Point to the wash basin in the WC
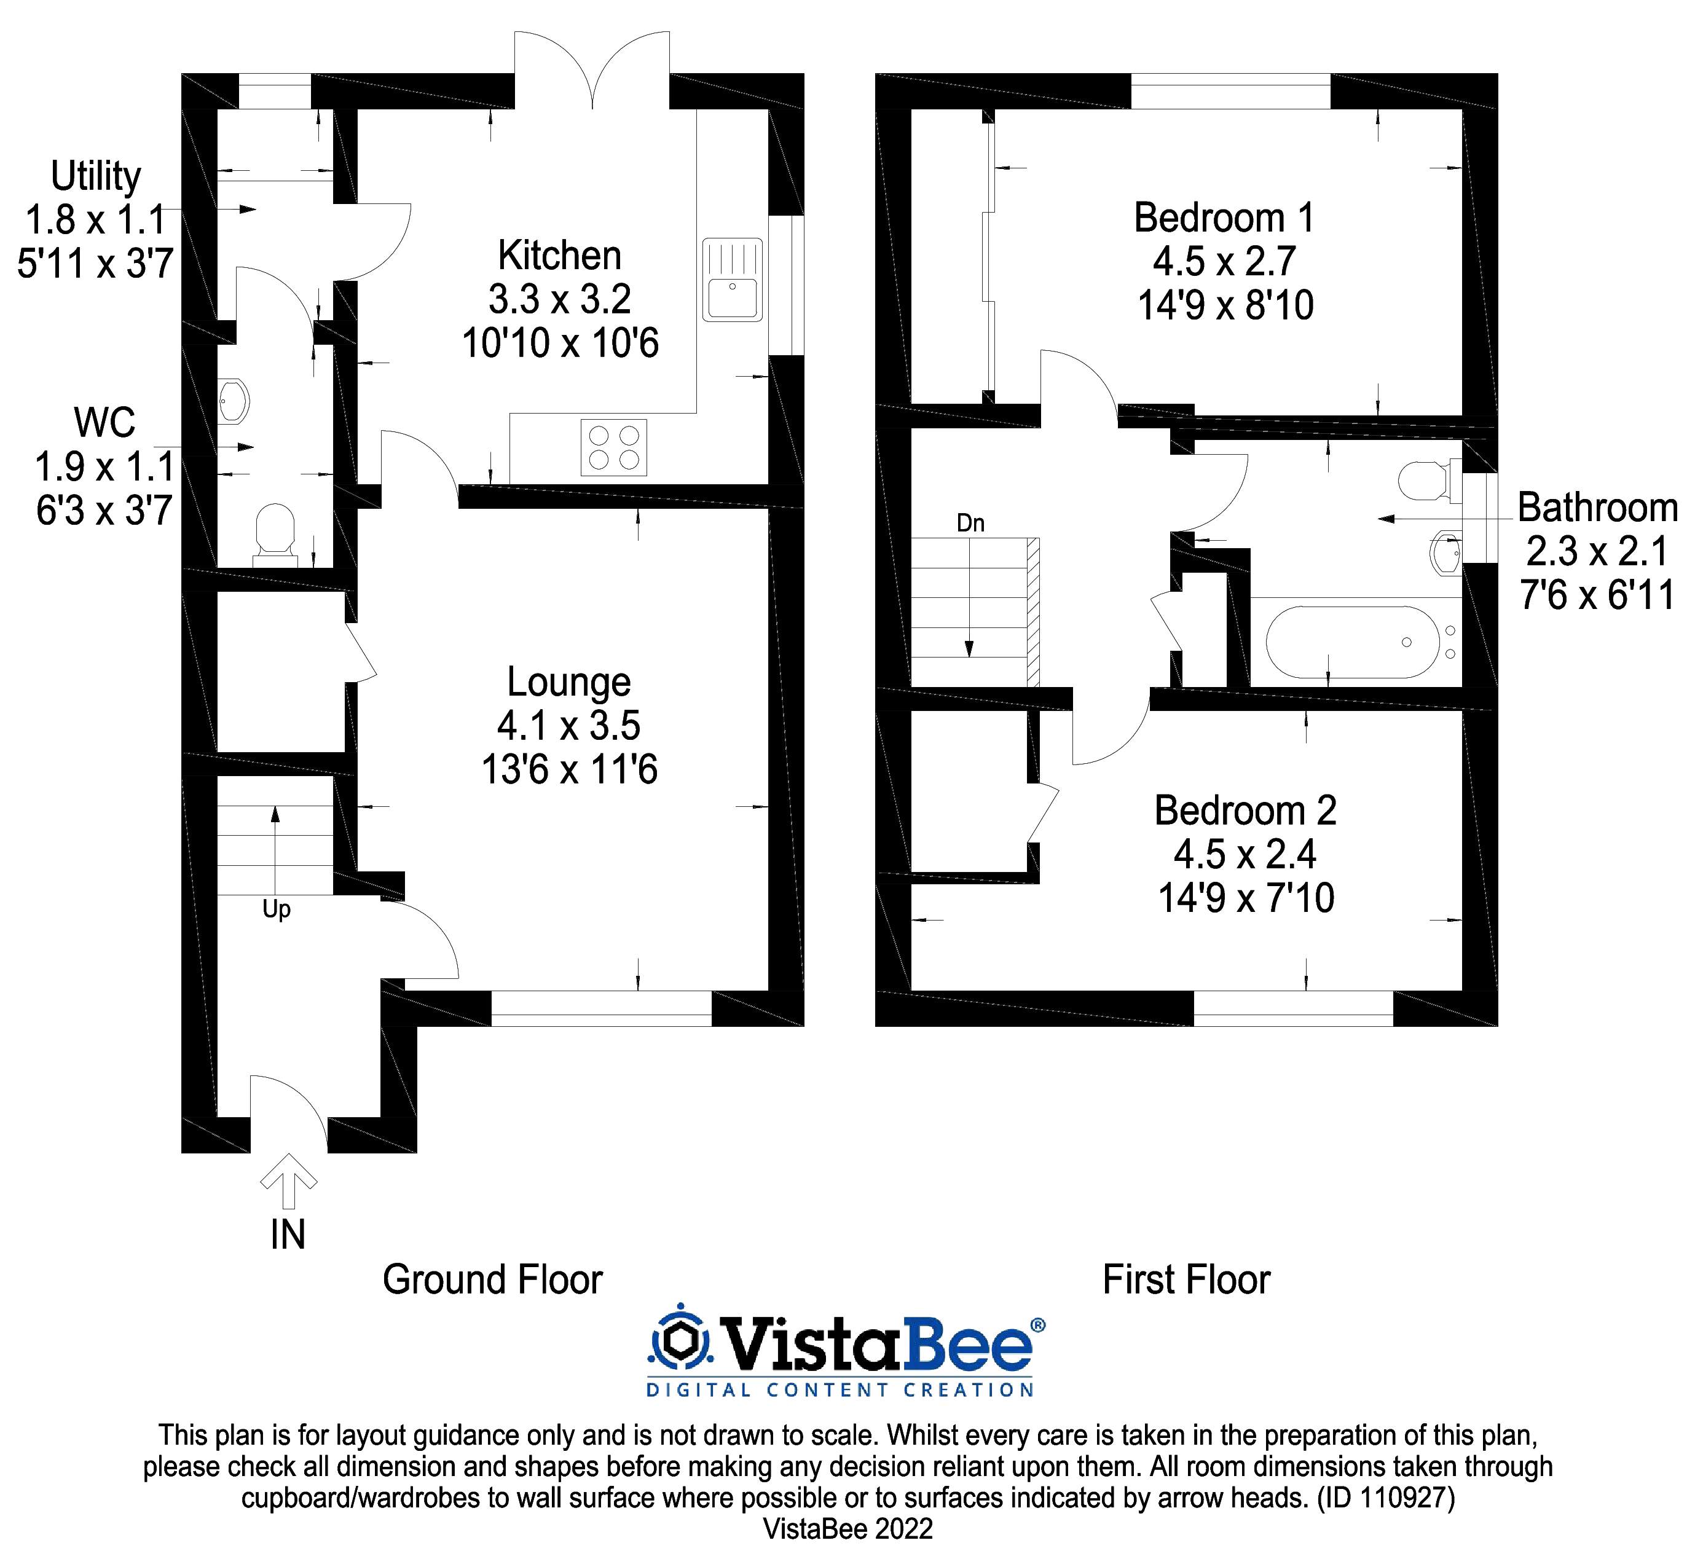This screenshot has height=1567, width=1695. click(233, 401)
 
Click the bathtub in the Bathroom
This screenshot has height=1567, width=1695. click(1351, 642)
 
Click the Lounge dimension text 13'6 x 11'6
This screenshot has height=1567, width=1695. click(569, 770)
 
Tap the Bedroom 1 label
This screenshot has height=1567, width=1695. click(1224, 219)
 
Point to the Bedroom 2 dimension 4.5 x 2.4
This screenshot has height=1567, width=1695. click(1244, 854)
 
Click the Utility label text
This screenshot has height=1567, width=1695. click(96, 176)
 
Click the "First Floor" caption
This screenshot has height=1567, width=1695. click(1186, 1279)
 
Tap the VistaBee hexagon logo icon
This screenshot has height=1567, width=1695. click(679, 1342)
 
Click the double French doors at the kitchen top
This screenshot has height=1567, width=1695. click(591, 72)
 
